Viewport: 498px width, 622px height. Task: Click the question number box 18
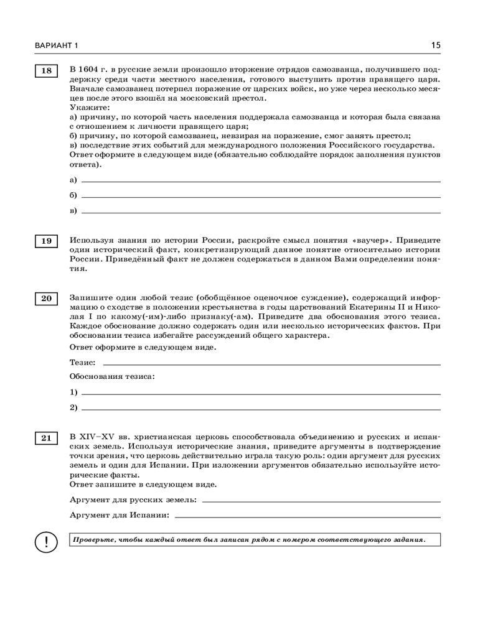(x=46, y=71)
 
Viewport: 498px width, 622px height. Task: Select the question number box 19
(x=46, y=241)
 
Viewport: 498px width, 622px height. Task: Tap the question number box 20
(x=46, y=299)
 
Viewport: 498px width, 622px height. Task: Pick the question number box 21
(x=46, y=439)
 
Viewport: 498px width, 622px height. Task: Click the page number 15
(x=435, y=45)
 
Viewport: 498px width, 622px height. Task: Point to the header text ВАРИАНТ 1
(x=49, y=46)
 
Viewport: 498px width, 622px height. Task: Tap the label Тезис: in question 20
(x=83, y=362)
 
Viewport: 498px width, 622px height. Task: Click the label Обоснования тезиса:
(x=112, y=376)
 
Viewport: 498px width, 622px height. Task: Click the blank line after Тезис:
(x=271, y=363)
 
